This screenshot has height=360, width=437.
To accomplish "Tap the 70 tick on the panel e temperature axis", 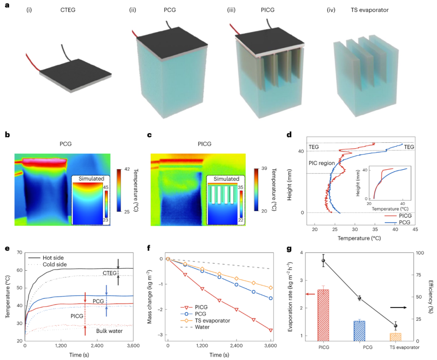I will [x=20, y=252].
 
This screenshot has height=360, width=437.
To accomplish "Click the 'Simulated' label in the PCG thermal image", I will [x=90, y=179].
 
